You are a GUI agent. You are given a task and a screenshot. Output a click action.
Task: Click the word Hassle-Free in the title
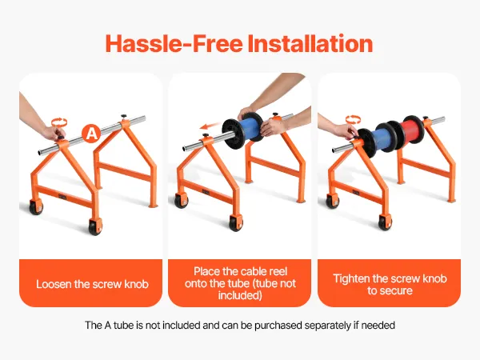pyautogui.click(x=174, y=43)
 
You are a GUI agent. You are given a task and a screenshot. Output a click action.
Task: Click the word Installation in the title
pyautogui.click(x=310, y=43)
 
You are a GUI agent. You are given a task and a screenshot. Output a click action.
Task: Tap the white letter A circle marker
pyautogui.click(x=91, y=134)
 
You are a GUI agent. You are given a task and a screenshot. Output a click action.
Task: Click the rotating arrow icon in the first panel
pyautogui.click(x=58, y=122)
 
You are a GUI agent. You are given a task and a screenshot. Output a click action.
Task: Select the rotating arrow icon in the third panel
pyautogui.click(x=353, y=119)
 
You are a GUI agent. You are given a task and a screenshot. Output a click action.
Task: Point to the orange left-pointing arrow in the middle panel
pyautogui.click(x=210, y=126)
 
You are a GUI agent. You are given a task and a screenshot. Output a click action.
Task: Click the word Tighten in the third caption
pyautogui.click(x=351, y=278)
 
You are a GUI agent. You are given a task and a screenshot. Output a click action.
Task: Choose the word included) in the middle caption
pyautogui.click(x=240, y=296)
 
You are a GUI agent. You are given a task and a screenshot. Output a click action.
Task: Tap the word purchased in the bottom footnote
pyautogui.click(x=278, y=325)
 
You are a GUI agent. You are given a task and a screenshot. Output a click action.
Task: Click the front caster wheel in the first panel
pyautogui.click(x=95, y=227)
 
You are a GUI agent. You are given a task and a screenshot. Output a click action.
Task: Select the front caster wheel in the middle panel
pyautogui.click(x=236, y=223)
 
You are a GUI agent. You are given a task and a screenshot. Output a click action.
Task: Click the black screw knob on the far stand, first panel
pyautogui.click(x=124, y=117)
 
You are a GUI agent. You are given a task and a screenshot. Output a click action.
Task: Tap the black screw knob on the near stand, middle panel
pyautogui.click(x=205, y=135)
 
